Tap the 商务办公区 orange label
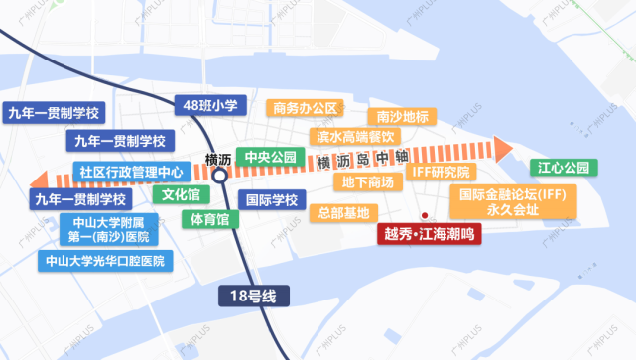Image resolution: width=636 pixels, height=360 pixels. click(x=306, y=108)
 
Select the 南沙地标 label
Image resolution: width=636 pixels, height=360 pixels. click(x=403, y=116)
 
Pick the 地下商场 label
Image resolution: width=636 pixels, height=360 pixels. click(x=366, y=183)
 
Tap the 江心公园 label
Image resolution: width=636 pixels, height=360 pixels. click(x=564, y=166)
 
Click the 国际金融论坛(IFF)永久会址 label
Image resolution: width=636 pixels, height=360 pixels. click(x=512, y=202)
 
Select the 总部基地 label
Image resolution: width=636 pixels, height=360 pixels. click(x=343, y=213)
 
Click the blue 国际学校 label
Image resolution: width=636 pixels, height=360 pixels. click(x=271, y=200)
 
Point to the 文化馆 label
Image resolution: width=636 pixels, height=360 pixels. click(x=181, y=195)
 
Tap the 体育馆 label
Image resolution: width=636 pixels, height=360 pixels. click(x=209, y=218)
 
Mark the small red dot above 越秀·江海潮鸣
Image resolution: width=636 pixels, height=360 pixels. click(x=424, y=216)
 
